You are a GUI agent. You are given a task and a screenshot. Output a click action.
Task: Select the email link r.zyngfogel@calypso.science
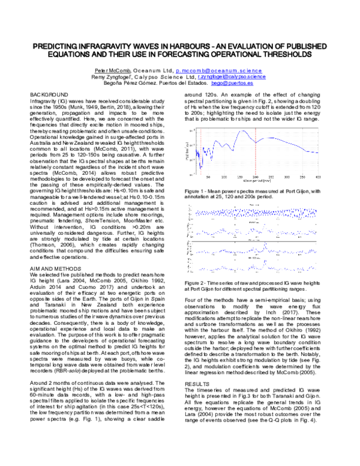tap(232, 77)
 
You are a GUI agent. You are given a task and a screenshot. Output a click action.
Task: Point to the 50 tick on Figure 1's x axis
tap(208, 177)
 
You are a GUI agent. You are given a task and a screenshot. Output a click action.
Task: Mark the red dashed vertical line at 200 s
tap(256, 150)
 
